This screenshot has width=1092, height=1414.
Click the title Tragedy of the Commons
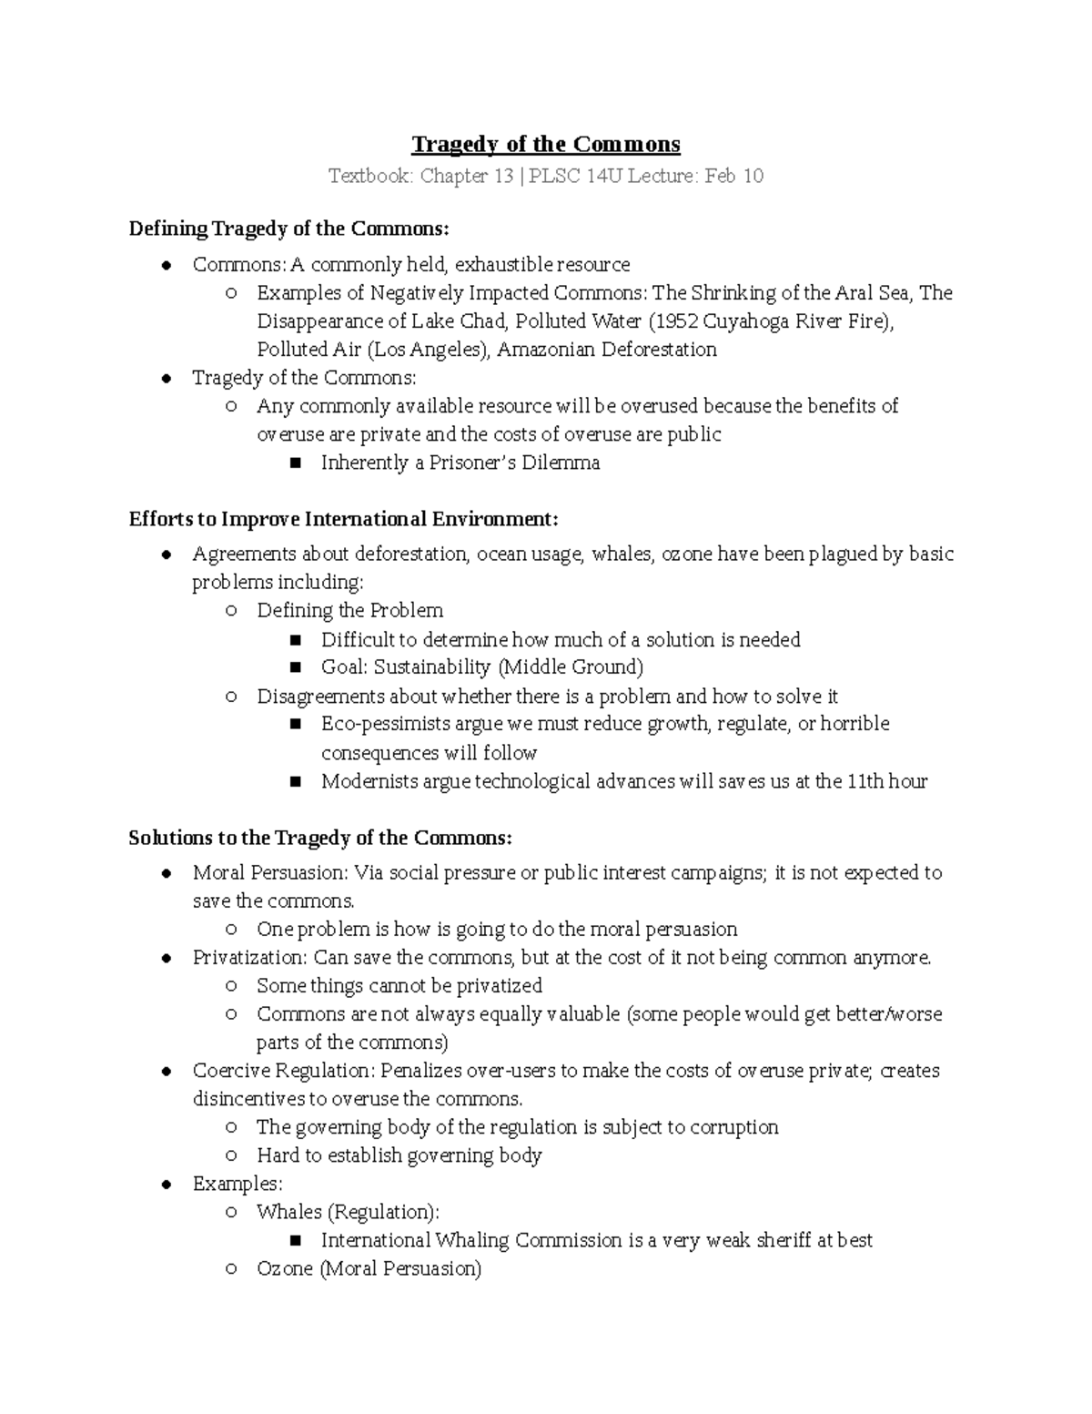(546, 145)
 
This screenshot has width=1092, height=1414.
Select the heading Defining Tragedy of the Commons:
(289, 228)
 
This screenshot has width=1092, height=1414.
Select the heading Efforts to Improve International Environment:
(343, 519)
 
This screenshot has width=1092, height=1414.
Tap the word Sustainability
(432, 667)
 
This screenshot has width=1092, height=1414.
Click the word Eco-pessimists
(386, 724)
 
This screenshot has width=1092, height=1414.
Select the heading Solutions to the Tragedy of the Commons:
(320, 838)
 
